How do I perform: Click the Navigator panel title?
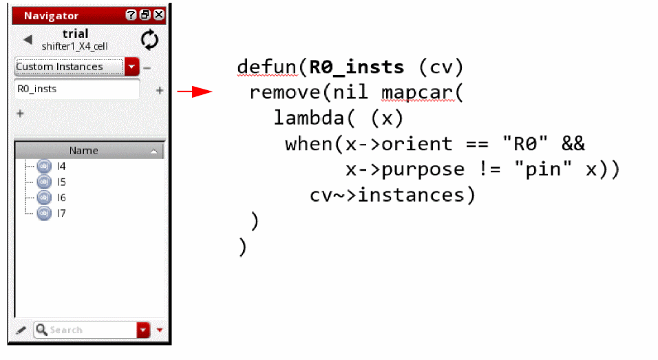click(x=52, y=15)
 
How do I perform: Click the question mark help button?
click(x=131, y=14)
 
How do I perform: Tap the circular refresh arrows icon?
click(x=149, y=40)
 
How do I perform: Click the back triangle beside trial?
click(x=28, y=40)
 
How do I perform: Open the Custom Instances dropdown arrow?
click(x=132, y=67)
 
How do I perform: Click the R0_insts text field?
click(x=76, y=89)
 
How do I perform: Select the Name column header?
click(x=83, y=151)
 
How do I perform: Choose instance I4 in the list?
click(x=61, y=166)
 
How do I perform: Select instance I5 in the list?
click(x=61, y=182)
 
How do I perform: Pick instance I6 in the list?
click(x=61, y=198)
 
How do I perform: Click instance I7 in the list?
click(x=61, y=213)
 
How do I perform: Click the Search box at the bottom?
click(x=86, y=330)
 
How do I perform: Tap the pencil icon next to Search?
click(x=21, y=330)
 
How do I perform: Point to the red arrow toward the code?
click(x=194, y=92)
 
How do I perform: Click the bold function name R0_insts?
click(x=357, y=67)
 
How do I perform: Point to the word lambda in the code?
click(x=310, y=118)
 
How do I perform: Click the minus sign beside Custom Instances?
click(x=147, y=67)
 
